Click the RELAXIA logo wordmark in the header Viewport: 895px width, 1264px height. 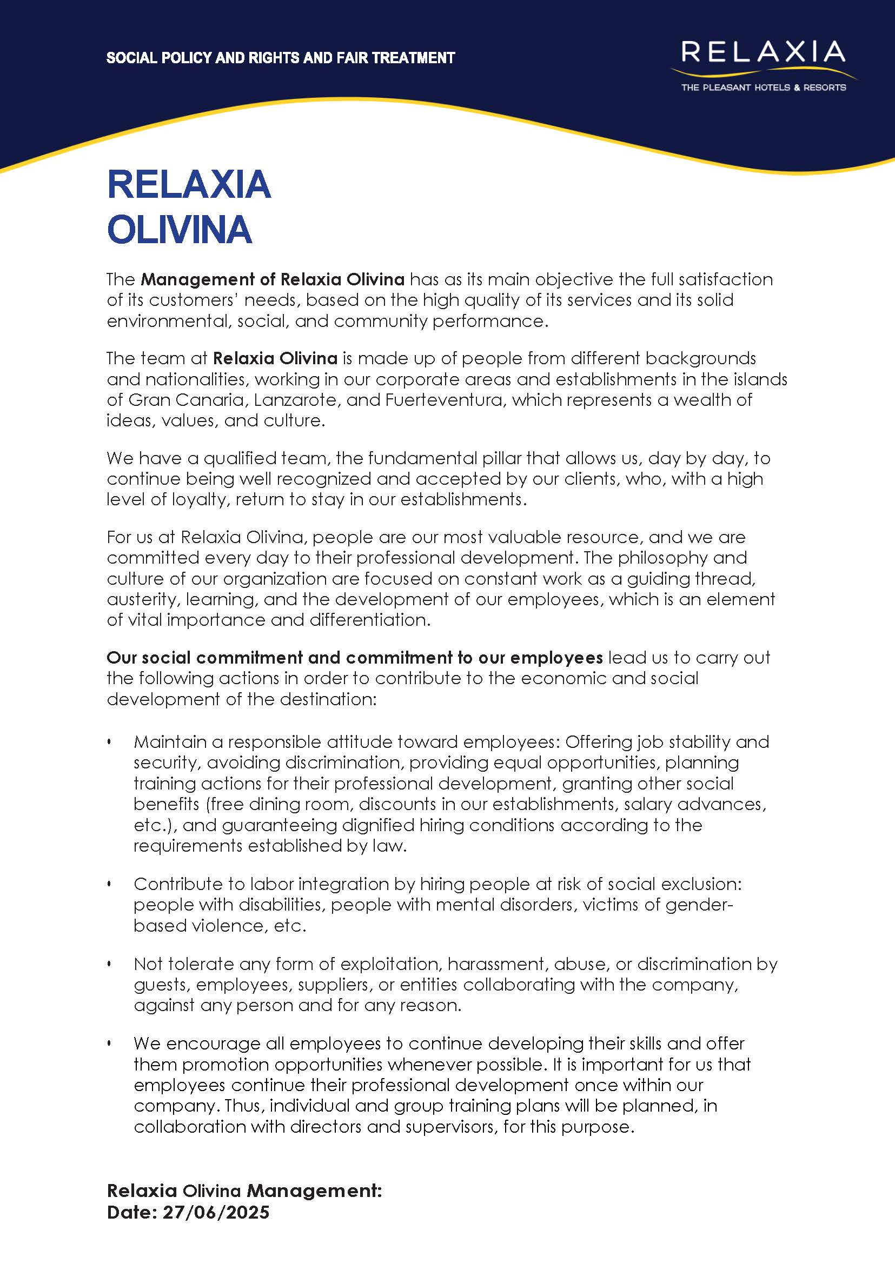[763, 52]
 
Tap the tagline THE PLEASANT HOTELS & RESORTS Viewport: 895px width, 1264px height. [763, 88]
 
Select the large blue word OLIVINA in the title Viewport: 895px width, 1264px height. [179, 230]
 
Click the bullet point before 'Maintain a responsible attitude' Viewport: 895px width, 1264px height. [109, 743]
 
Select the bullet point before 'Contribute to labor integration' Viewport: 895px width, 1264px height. [109, 885]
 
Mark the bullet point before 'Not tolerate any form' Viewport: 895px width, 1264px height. [109, 965]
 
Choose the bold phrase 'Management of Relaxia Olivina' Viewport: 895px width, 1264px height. [272, 279]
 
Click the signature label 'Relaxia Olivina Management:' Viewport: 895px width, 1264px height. [244, 1191]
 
